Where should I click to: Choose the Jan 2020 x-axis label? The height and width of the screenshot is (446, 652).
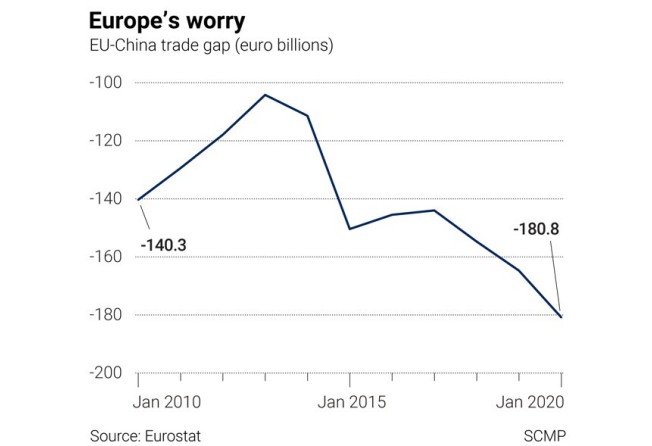point(530,402)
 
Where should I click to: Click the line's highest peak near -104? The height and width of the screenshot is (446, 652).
point(265,95)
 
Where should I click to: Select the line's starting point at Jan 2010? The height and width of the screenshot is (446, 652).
point(138,200)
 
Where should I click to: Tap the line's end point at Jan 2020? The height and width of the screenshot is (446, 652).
point(561,317)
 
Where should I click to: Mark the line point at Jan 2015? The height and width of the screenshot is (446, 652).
point(349,229)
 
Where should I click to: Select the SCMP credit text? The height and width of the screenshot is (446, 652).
point(543,435)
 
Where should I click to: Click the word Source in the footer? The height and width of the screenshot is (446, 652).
point(113,435)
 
